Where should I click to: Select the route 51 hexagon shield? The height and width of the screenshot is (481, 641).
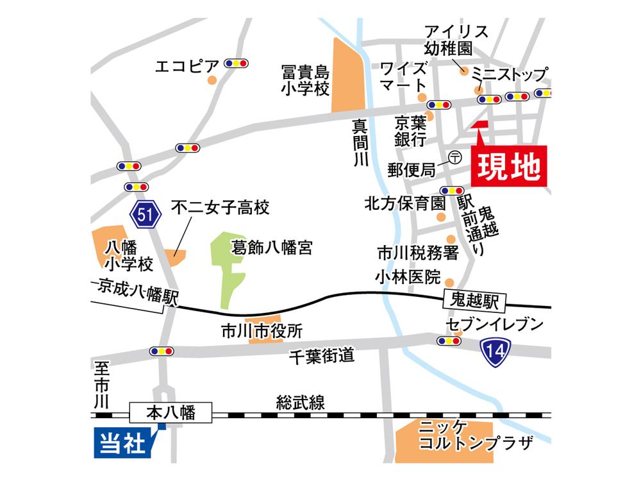coord(145,215)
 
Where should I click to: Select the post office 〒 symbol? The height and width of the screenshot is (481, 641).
coord(455,156)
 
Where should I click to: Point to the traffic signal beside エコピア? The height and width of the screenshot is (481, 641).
coord(236,63)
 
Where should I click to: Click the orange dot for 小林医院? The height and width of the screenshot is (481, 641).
coord(450,282)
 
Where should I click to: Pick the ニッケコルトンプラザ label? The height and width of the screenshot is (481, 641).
coord(474,436)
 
